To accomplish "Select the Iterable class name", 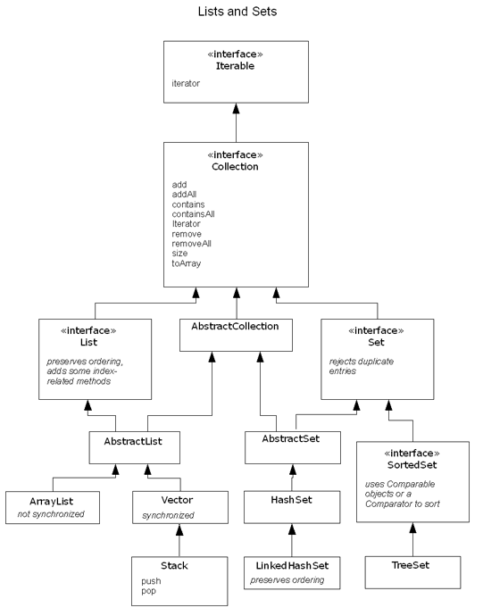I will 235,65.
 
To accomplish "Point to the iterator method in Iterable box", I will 186,83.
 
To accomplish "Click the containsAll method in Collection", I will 193,213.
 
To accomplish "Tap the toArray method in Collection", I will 186,262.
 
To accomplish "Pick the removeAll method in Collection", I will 191,243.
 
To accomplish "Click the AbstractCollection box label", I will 235,327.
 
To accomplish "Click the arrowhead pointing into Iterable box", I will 235,106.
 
